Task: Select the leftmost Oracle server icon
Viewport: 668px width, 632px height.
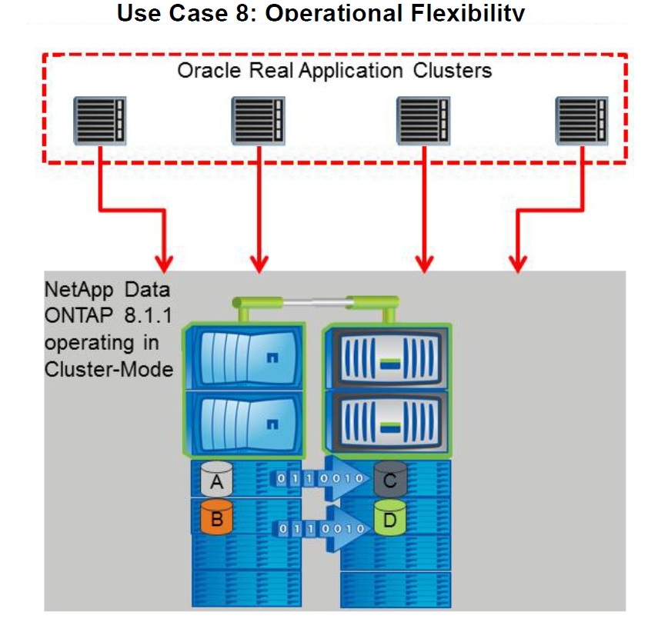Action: tap(101, 121)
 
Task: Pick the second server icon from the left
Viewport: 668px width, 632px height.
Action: tap(259, 121)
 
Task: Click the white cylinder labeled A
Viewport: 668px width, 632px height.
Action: tap(216, 481)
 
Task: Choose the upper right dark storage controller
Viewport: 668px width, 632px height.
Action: tap(386, 359)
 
